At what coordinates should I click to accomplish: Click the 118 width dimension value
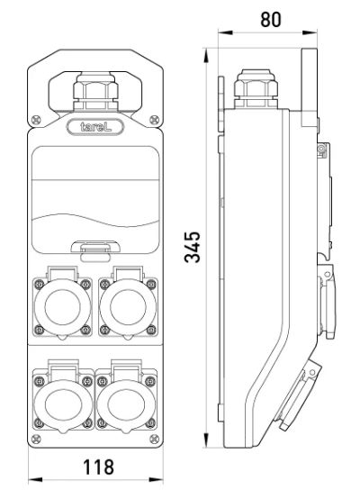point(98,467)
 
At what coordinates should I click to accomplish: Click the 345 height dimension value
point(193,247)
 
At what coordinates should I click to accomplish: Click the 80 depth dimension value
point(271,20)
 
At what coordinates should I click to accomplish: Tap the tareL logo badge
point(95,127)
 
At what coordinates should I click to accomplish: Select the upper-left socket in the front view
point(62,304)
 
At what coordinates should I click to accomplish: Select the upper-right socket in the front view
point(128,304)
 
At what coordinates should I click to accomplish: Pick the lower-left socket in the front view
point(63,398)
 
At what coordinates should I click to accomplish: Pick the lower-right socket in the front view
point(126,398)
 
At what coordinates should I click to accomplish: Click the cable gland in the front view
point(95,91)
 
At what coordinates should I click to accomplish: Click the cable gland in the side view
point(256,89)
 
